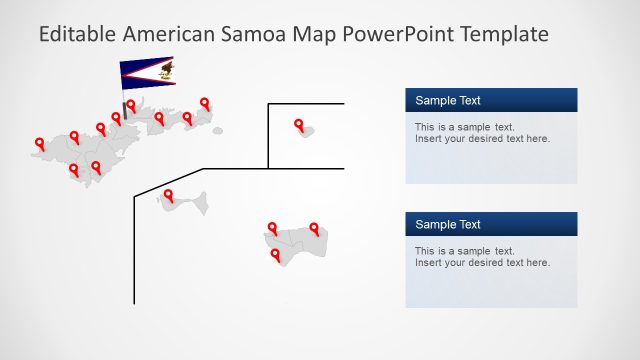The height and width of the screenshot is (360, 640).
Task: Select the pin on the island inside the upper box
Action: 299,124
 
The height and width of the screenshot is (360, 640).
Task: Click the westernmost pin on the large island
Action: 39,143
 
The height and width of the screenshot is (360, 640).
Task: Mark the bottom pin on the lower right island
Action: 275,255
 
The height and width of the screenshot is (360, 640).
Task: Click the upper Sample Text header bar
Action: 491,100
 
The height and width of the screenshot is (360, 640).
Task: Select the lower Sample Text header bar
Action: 491,224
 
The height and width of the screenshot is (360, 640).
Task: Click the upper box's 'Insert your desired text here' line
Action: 482,139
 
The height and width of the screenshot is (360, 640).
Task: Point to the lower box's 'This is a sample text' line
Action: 464,251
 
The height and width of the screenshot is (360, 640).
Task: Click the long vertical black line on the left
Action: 134,250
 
